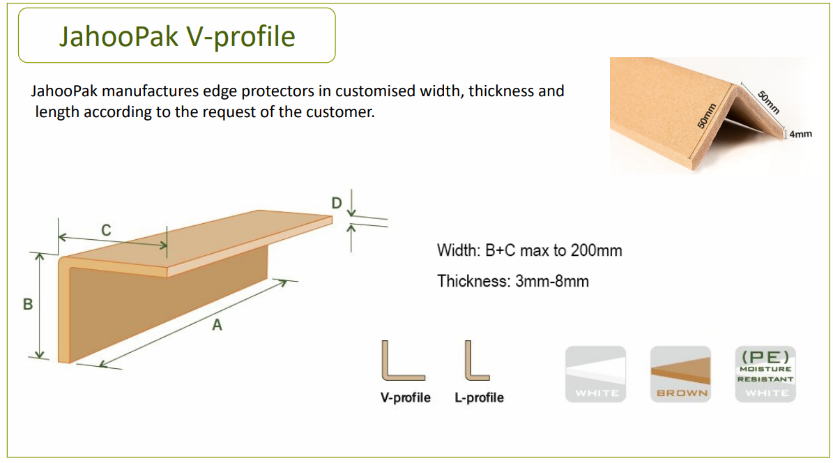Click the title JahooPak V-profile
[x=177, y=36]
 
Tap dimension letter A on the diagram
[x=217, y=325]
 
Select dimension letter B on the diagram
[x=28, y=304]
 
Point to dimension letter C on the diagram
[x=106, y=230]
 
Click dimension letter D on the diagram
[x=337, y=203]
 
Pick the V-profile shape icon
[x=403, y=361]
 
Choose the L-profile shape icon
[x=477, y=361]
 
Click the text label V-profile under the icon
[x=405, y=397]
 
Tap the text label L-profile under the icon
[x=479, y=397]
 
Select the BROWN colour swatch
[x=680, y=374]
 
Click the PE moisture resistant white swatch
[x=765, y=374]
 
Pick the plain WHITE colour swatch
[x=595, y=374]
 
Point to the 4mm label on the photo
[x=801, y=134]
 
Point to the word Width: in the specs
[x=459, y=250]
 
